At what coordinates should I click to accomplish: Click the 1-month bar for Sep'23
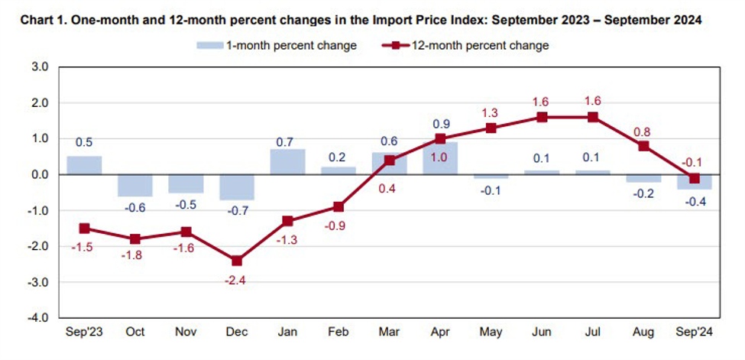84,165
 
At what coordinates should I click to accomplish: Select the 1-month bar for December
237,187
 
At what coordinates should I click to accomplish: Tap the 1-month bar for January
287,162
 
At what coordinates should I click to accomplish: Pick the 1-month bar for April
440,158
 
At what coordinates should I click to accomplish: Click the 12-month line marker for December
237,261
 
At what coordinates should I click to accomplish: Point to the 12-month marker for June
542,117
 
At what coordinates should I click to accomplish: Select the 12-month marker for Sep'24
695,178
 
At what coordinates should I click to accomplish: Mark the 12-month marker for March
389,161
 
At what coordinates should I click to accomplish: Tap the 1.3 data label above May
491,113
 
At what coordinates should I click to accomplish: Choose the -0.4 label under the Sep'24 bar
695,203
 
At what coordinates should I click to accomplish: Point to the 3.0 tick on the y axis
40,67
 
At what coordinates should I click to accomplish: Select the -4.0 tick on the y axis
38,317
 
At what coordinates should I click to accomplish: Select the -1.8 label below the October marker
135,255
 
